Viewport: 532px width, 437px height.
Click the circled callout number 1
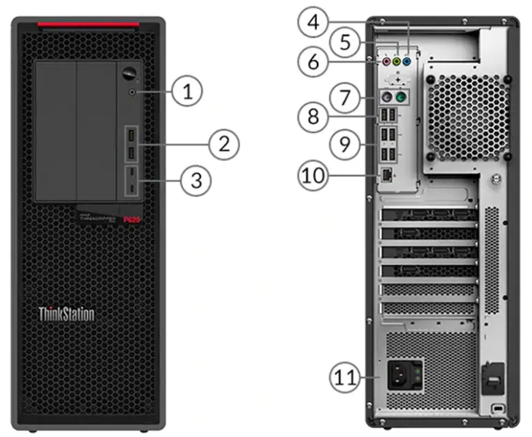point(187,91)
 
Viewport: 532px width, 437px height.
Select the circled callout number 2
point(224,144)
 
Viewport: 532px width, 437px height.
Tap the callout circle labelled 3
point(196,180)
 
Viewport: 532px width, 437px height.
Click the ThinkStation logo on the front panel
point(66,314)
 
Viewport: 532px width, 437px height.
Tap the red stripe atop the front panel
point(89,27)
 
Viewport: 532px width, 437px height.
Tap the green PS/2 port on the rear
point(401,97)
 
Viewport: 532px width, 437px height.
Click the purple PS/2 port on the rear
point(387,97)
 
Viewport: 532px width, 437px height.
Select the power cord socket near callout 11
point(399,376)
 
